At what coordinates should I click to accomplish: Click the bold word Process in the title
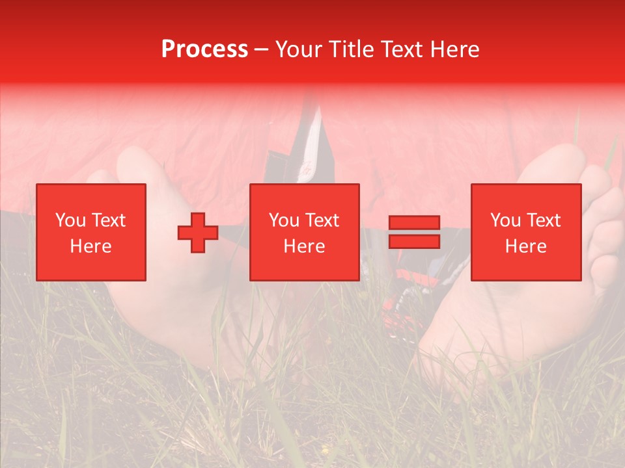[x=204, y=49]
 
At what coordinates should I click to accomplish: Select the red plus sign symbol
[x=198, y=233]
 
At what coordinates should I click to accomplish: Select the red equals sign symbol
[x=414, y=233]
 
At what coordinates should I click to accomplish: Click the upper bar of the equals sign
[x=414, y=223]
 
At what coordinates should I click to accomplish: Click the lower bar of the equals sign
[x=414, y=242]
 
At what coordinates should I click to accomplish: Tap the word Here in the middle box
[x=304, y=246]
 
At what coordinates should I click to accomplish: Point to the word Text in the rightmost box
[x=542, y=220]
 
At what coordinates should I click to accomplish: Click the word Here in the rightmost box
[x=525, y=246]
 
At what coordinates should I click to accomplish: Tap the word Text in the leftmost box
[x=108, y=220]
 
